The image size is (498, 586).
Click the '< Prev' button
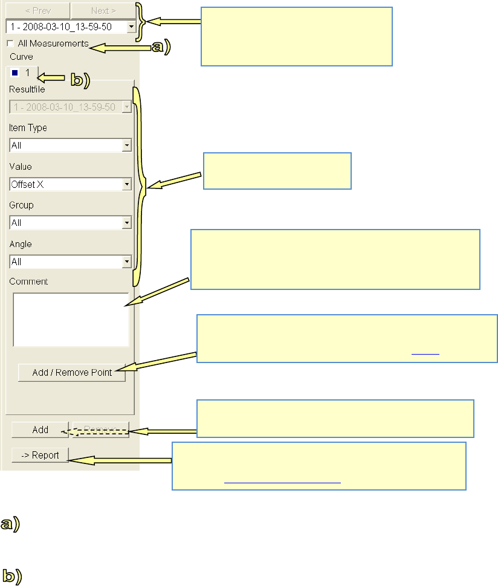(37, 10)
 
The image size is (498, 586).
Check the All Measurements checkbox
(10, 43)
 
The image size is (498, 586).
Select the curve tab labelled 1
(22, 73)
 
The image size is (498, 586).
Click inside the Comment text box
(71, 320)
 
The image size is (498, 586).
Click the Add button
(40, 430)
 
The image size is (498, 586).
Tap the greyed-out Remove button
(100, 430)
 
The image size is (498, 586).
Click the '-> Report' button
(40, 455)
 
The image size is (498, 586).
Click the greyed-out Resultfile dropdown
(71, 107)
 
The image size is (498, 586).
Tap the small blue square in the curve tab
(15, 73)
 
